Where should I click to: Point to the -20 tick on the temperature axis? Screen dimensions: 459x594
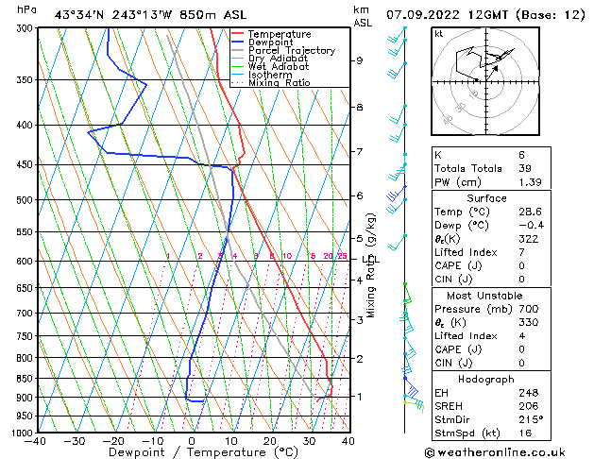[113, 440]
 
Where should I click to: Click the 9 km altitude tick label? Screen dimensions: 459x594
[360, 60]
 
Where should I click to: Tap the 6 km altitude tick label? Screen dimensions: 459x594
[360, 195]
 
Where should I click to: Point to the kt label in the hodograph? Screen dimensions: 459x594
[439, 33]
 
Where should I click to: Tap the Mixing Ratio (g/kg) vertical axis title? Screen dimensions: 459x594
[372, 264]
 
